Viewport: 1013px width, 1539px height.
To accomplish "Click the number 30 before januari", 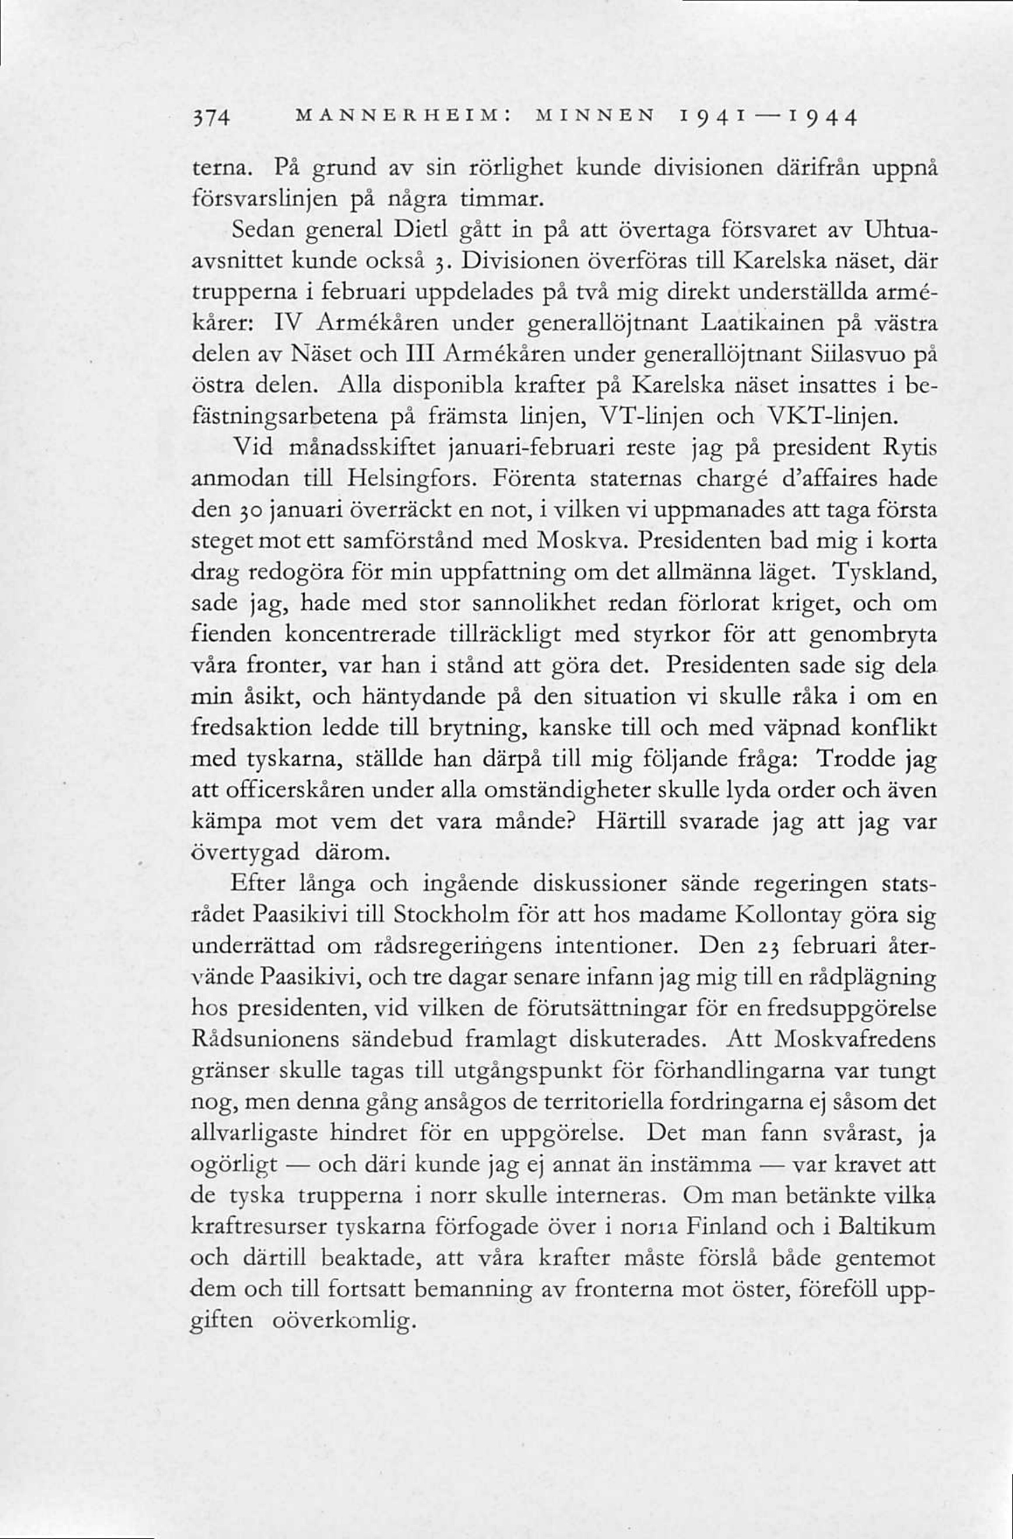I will pos(231,511).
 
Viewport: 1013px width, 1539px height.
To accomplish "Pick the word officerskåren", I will pos(295,791).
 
